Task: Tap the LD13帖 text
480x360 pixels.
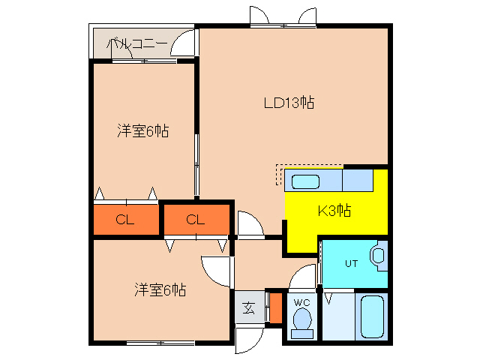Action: coord(287,103)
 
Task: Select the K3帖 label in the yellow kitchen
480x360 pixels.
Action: coord(334,211)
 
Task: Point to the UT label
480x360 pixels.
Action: coord(351,263)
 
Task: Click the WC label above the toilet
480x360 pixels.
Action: coord(301,302)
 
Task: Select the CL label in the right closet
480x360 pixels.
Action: coord(195,220)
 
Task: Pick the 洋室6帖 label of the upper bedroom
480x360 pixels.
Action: coord(142,131)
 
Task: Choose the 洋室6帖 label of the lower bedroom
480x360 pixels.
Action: coord(160,289)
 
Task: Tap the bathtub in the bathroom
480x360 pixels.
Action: coord(372,317)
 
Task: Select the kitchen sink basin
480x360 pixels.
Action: coord(305,181)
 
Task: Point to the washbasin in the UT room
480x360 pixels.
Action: coord(378,256)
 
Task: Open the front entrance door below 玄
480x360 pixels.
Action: coord(246,339)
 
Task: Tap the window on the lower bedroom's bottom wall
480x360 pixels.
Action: coord(160,343)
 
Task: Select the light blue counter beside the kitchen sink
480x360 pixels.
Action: coord(358,181)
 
